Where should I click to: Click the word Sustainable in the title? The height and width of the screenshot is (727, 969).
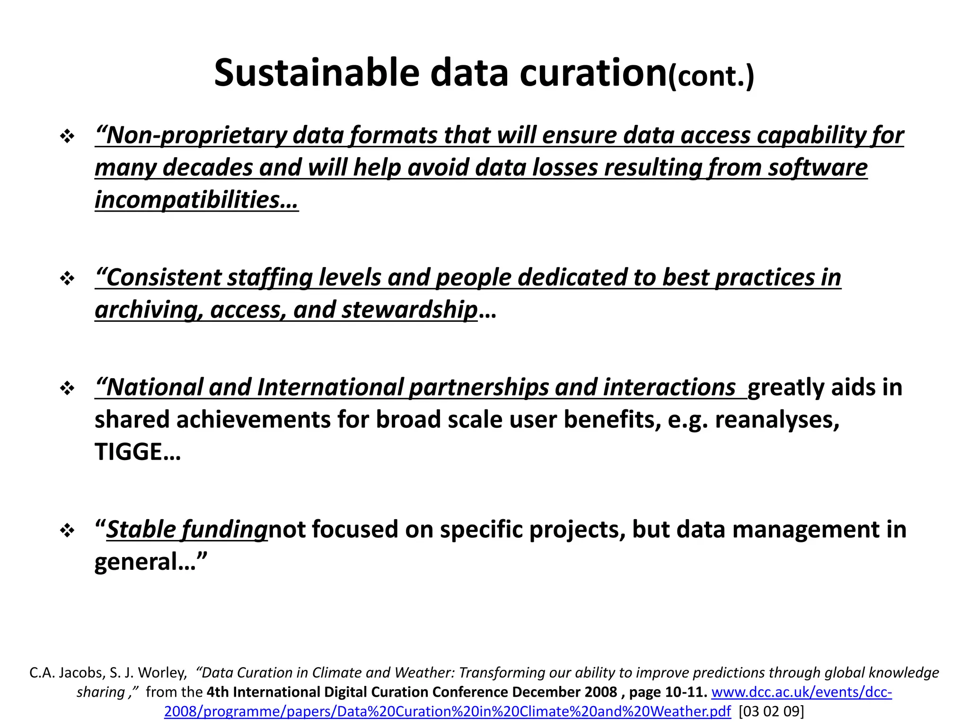[x=317, y=73]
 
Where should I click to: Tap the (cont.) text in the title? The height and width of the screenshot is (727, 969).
[x=711, y=76]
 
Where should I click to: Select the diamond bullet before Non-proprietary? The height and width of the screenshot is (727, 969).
[x=67, y=137]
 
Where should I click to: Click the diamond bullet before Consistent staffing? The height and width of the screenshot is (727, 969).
[x=67, y=278]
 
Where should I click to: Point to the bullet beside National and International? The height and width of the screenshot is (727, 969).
[x=67, y=389]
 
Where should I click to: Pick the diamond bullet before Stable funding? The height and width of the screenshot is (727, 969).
[x=67, y=531]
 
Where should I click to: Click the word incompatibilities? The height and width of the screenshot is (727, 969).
[x=187, y=200]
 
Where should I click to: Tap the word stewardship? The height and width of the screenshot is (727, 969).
[x=409, y=310]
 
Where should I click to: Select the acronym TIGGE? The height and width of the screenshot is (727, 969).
[x=128, y=452]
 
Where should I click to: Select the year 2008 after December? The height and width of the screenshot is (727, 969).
[x=600, y=692]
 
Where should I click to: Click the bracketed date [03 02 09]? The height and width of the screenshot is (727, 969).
[x=771, y=711]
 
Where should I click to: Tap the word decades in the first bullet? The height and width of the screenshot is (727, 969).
[x=208, y=168]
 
